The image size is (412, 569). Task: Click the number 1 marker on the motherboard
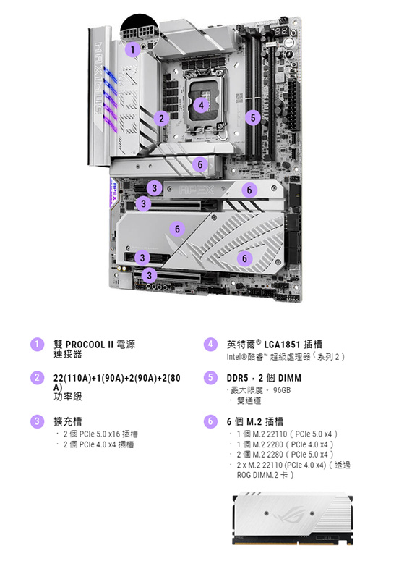tap(132, 50)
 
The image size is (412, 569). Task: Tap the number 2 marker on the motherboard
tap(162, 118)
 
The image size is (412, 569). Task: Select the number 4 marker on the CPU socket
tap(201, 105)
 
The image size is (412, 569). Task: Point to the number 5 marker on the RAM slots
tap(253, 117)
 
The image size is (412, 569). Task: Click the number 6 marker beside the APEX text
tap(249, 190)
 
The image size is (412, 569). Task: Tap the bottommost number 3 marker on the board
tap(150, 275)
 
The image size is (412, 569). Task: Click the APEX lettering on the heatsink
tap(197, 190)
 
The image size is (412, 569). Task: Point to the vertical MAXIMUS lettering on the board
tap(98, 78)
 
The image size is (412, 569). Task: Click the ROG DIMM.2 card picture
tap(293, 518)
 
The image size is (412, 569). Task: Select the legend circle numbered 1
tap(37, 345)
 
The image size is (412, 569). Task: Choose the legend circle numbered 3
tap(37, 421)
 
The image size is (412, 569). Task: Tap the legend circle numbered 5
tap(210, 378)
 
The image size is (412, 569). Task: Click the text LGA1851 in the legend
tap(283, 345)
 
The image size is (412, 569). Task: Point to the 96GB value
tap(282, 390)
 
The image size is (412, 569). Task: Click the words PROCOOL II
tap(90, 345)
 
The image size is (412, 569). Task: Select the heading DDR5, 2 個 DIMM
tap(264, 378)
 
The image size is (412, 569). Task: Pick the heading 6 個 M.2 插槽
tap(255, 421)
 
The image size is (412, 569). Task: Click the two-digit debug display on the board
tap(281, 31)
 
